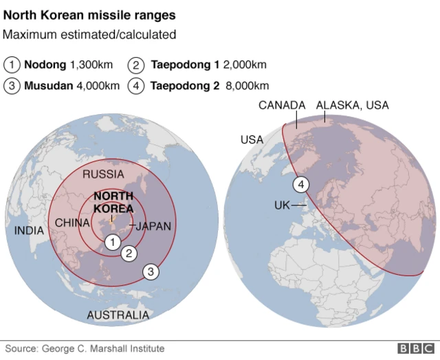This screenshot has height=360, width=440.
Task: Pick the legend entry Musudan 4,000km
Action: tap(63, 86)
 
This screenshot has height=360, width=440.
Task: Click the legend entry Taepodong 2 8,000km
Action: tap(199, 86)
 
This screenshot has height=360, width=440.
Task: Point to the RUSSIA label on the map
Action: tap(103, 175)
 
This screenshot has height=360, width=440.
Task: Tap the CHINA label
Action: tap(72, 223)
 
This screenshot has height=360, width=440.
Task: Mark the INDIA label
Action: tap(29, 231)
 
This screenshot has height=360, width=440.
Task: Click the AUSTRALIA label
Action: tap(118, 315)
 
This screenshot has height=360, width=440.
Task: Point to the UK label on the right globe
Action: tap(282, 205)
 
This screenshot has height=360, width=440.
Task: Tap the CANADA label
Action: tap(282, 105)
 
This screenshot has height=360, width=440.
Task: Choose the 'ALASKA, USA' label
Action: tap(352, 105)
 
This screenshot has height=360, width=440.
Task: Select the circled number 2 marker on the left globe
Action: tap(129, 254)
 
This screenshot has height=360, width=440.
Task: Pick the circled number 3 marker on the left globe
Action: tap(151, 271)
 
